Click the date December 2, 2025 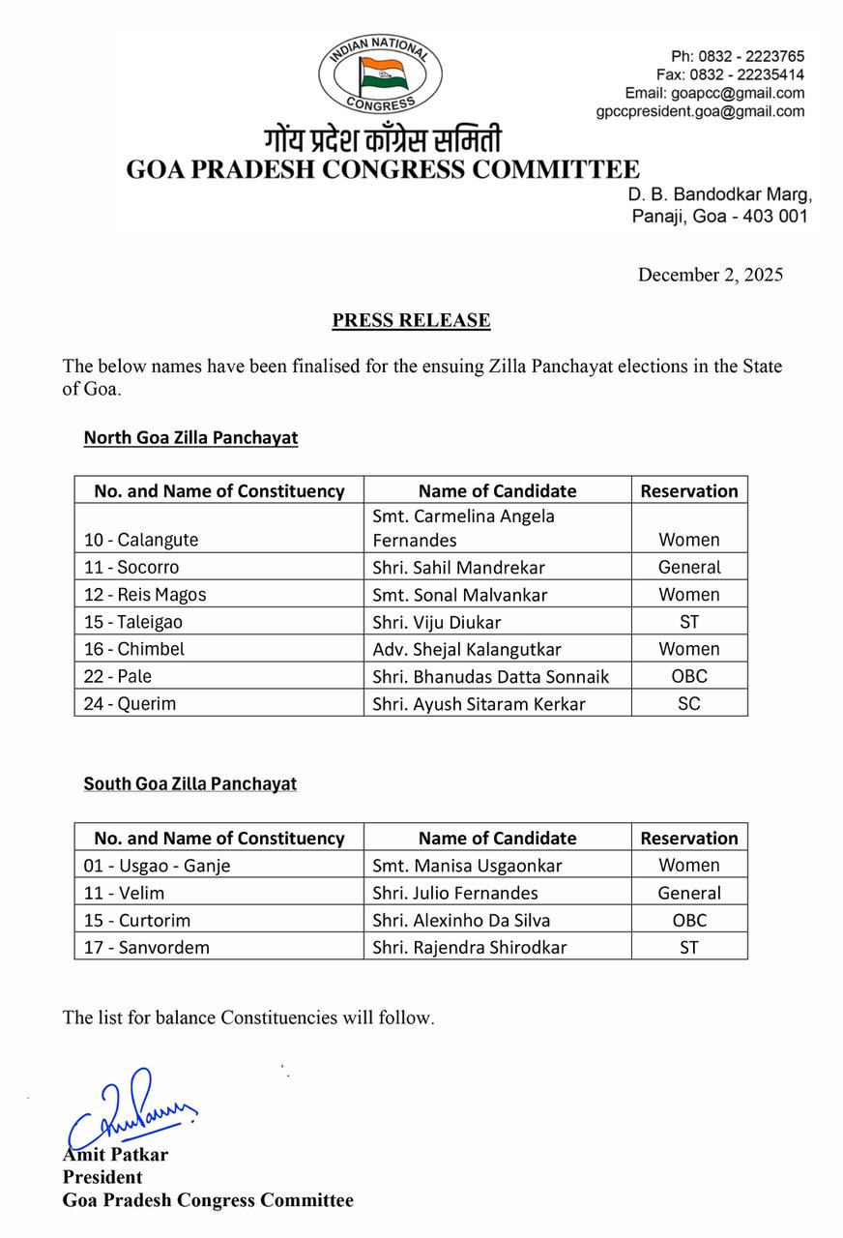tap(710, 275)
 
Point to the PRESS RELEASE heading tap(411, 320)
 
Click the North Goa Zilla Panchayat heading tap(190, 438)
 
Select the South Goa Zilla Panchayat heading tap(189, 783)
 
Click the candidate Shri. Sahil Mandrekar tap(458, 568)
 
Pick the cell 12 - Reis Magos tap(144, 595)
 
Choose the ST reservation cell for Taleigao tap(689, 622)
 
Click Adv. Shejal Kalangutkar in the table tap(467, 649)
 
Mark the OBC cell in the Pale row tap(689, 676)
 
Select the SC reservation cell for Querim tap(689, 703)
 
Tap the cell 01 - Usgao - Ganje tap(157, 866)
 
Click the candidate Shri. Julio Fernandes tap(455, 893)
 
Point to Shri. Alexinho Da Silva tap(461, 920)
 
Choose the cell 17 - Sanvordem tap(146, 947)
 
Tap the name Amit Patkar tap(115, 1155)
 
